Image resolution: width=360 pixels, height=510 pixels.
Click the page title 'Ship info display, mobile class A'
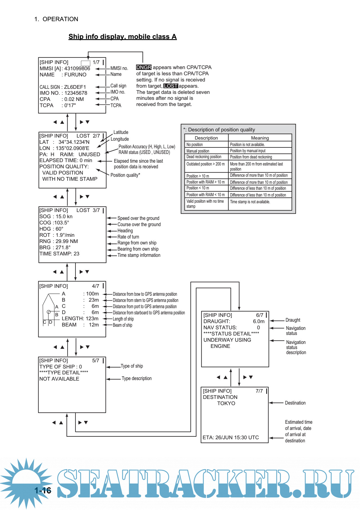(123, 37)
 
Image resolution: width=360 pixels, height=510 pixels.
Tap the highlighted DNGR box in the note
(144, 67)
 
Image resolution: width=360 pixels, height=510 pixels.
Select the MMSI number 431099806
(77, 69)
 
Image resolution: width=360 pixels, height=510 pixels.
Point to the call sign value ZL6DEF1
(75, 87)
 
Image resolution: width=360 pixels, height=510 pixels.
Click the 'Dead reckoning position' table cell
(204, 157)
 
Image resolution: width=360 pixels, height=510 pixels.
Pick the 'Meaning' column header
(260, 138)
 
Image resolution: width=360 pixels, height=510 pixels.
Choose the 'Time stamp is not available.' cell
(250, 202)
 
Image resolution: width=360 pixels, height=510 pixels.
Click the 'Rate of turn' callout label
(128, 237)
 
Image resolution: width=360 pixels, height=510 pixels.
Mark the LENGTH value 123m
(92, 319)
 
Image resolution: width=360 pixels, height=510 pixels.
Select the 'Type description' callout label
(137, 378)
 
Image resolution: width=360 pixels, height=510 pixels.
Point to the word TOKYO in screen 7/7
(226, 403)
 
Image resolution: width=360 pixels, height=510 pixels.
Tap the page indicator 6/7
(259, 315)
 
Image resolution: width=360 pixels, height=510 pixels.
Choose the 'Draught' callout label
(293, 320)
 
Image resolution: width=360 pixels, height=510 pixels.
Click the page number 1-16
(43, 491)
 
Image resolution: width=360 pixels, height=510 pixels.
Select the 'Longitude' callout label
(120, 139)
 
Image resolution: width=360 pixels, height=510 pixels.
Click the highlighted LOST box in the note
(171, 86)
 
